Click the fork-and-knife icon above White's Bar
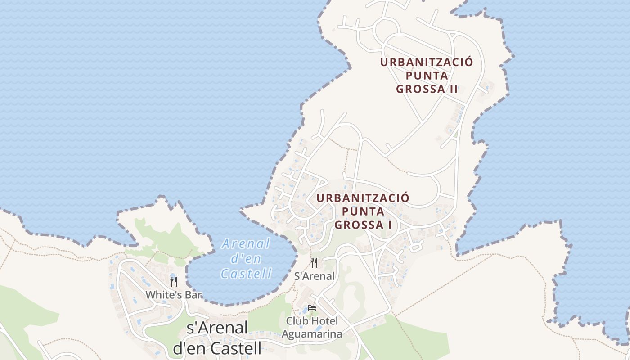click(x=174, y=282)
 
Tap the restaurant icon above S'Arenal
click(x=314, y=263)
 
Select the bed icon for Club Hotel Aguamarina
click(x=311, y=308)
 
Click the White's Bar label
click(x=173, y=295)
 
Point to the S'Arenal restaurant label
click(x=314, y=276)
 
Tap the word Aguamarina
click(x=312, y=334)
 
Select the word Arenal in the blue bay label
click(x=246, y=244)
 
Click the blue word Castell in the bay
click(x=247, y=273)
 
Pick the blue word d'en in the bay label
click(x=245, y=259)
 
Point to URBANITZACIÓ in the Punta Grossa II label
click(x=427, y=62)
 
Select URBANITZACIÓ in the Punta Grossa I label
click(x=363, y=198)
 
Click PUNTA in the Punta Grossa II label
click(x=427, y=76)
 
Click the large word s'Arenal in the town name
click(x=217, y=328)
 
